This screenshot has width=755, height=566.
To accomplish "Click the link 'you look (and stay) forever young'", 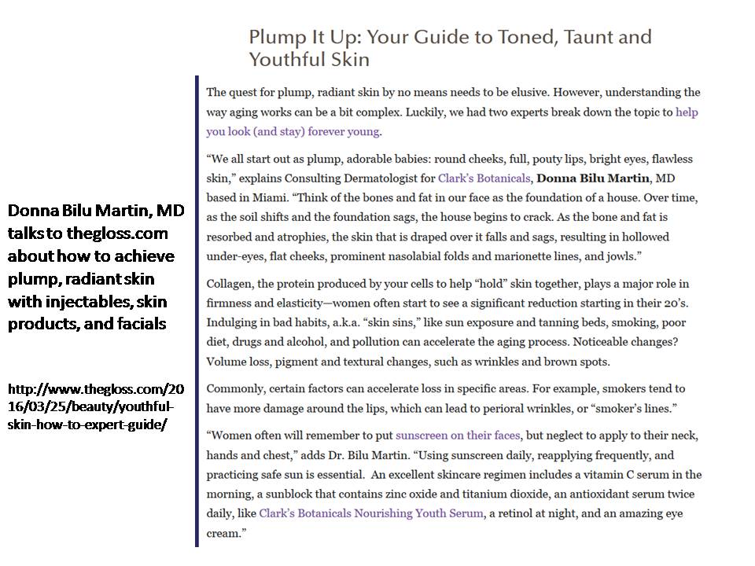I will coord(293,131).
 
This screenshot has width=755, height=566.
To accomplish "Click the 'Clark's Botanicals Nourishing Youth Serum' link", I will coord(371,513).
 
